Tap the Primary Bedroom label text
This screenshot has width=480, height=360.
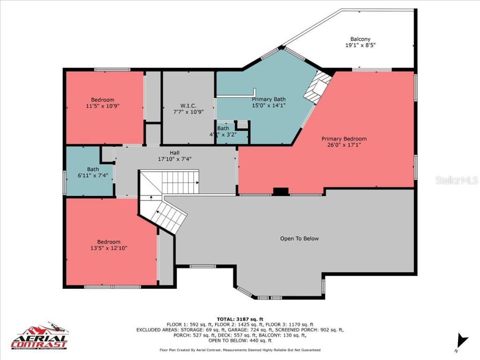click(344, 139)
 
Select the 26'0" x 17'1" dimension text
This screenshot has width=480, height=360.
click(344, 145)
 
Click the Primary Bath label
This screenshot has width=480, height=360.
click(269, 99)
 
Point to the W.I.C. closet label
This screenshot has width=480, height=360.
click(188, 106)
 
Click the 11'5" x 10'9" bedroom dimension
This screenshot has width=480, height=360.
click(102, 106)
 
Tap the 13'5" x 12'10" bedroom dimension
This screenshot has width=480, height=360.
click(109, 248)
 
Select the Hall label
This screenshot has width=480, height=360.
click(174, 152)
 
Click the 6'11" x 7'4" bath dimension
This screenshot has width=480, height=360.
click(92, 175)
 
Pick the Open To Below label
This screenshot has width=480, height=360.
click(299, 239)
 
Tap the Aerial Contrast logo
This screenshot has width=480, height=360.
click(39, 337)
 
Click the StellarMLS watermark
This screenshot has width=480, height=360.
click(456, 180)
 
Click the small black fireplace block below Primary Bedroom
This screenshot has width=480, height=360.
click(281, 191)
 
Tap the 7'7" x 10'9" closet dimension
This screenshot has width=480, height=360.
click(188, 112)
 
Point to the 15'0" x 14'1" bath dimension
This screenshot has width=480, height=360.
click(269, 106)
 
